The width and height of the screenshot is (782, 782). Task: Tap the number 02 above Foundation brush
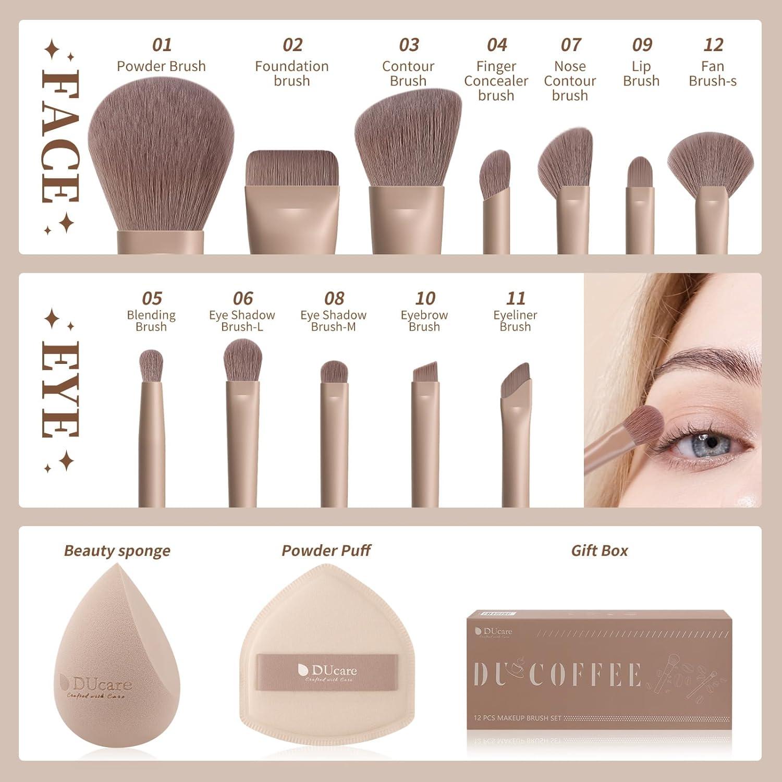click(292, 45)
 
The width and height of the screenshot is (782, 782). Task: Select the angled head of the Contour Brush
click(408, 141)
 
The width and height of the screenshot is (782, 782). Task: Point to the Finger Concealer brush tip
click(495, 172)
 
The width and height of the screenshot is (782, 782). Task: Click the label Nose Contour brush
click(570, 81)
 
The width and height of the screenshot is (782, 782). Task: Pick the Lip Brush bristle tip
click(640, 172)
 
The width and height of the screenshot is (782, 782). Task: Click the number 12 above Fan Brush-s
click(713, 45)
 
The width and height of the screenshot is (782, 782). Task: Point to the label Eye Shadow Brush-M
click(333, 321)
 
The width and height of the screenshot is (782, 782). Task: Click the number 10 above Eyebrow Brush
click(425, 298)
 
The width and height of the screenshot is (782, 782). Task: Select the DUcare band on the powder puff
click(328, 673)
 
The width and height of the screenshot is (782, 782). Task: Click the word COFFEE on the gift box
click(585, 675)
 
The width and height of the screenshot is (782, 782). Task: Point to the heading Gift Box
click(600, 551)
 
